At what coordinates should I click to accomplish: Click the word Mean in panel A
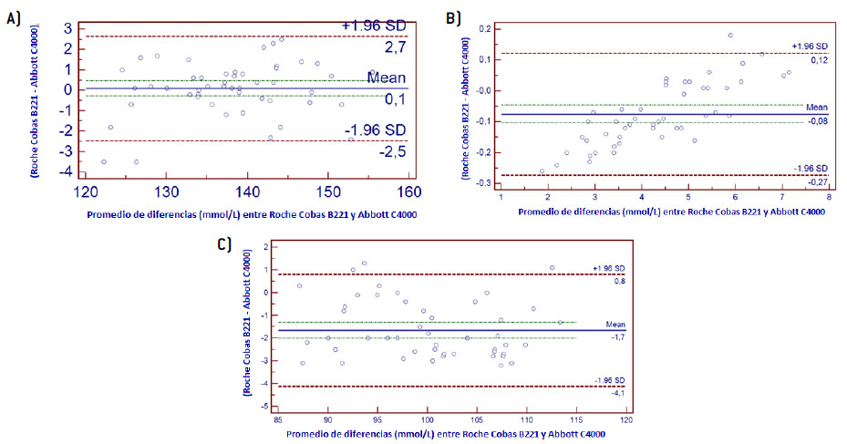pyautogui.click(x=385, y=77)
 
